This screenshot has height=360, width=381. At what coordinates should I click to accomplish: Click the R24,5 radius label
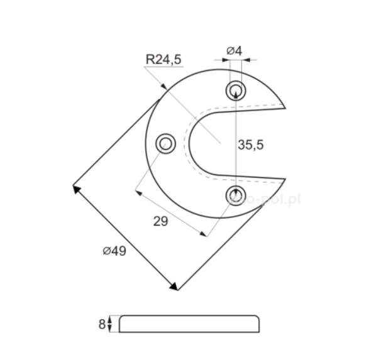tap(163, 60)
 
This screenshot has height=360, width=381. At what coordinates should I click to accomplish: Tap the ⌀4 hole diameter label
tap(235, 50)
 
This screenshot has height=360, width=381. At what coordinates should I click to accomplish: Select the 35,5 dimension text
tap(250, 145)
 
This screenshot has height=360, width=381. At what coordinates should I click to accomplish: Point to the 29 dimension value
tap(160, 221)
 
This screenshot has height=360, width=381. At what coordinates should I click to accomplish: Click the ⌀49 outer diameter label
tap(114, 251)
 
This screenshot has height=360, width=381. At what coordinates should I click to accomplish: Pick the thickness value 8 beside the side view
tap(101, 324)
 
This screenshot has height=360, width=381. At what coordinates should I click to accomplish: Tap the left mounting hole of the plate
tap(165, 143)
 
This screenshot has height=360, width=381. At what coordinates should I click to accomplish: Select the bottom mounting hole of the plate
tap(236, 195)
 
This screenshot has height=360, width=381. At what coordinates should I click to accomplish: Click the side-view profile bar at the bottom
tap(189, 324)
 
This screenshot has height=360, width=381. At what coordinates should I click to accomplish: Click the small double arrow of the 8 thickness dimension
tap(110, 324)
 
